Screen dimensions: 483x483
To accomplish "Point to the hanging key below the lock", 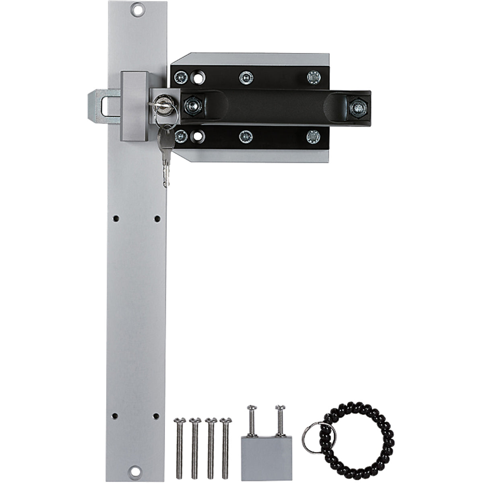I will (x=166, y=157).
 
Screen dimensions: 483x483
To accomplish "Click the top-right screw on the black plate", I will (x=313, y=77).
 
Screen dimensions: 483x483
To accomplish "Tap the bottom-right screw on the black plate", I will (x=313, y=137).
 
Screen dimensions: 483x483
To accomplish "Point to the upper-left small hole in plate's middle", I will (x=116, y=219).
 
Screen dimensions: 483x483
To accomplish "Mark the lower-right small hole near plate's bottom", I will (x=156, y=416).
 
